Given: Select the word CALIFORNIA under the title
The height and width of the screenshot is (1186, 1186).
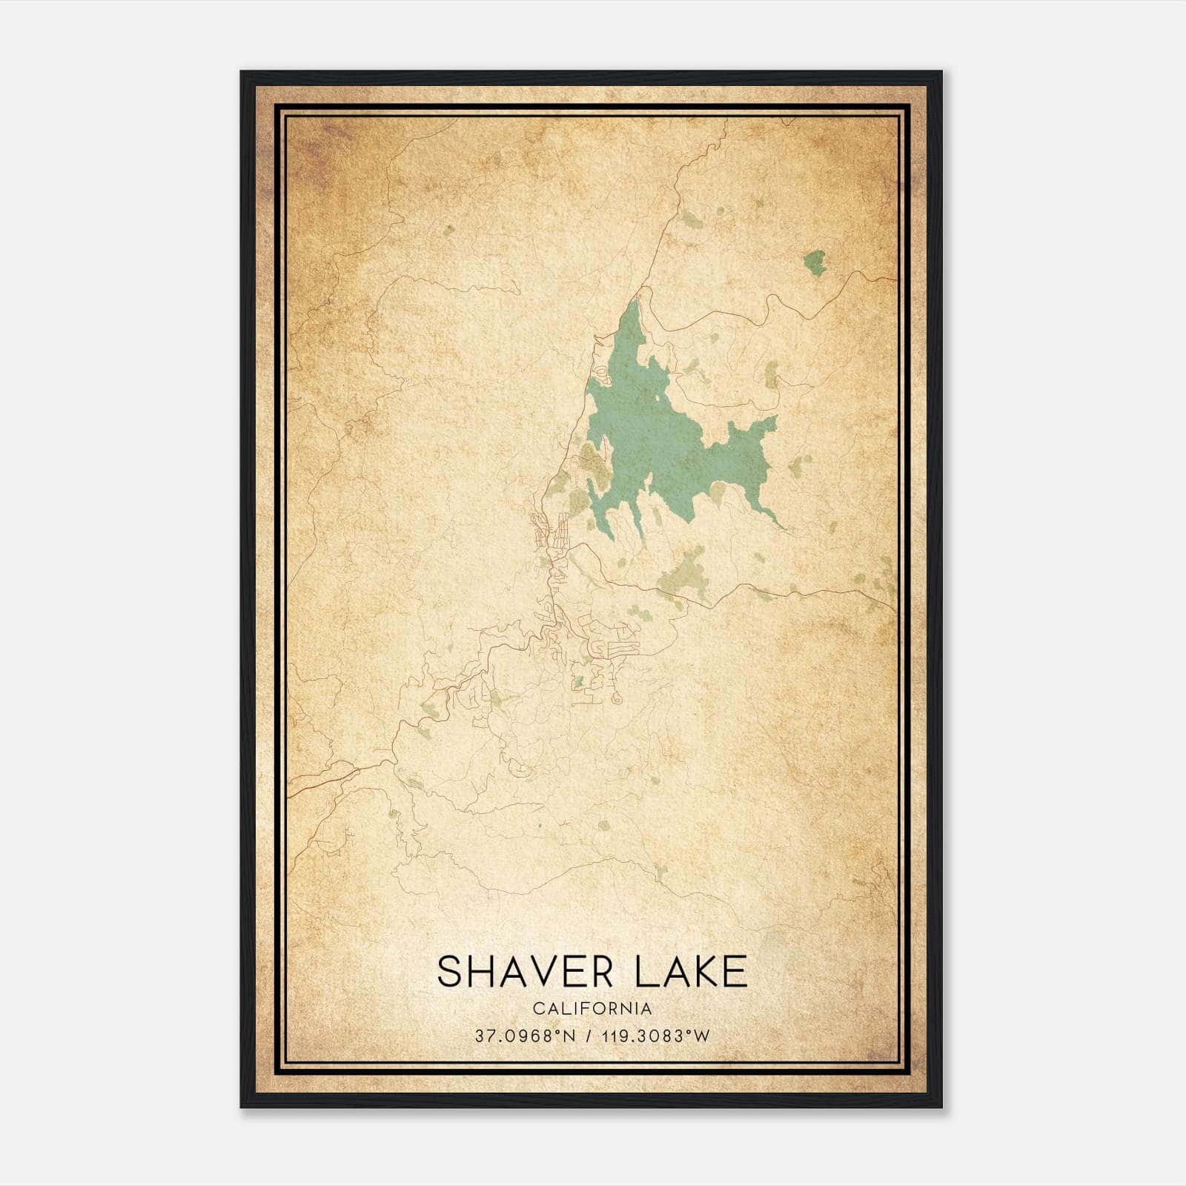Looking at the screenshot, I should [x=592, y=1009].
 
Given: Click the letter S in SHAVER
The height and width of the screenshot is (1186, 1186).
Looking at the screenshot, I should [x=449, y=971].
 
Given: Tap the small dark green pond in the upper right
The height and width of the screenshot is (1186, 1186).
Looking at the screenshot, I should [x=815, y=262].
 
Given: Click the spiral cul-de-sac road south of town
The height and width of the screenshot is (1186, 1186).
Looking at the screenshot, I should [x=616, y=698].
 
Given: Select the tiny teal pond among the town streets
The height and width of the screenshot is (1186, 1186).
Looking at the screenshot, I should [x=579, y=680].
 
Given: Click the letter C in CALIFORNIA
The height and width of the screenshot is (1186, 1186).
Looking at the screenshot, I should [x=537, y=1009].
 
